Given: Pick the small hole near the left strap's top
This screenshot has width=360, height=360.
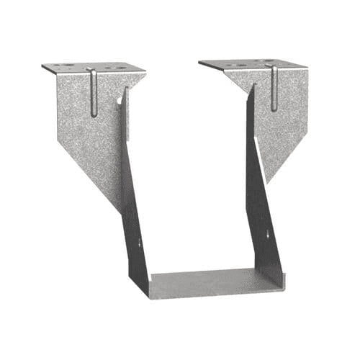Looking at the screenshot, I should click(121, 100).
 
